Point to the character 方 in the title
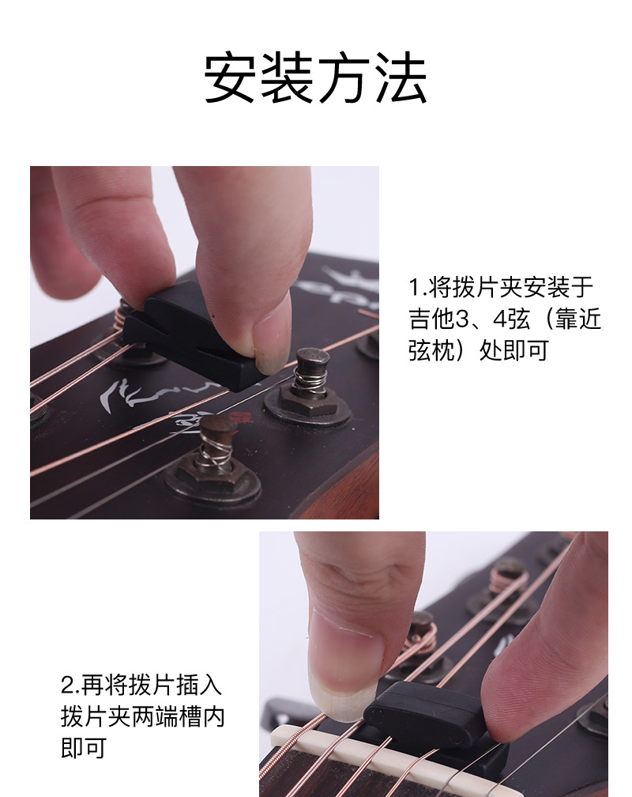(x=344, y=78)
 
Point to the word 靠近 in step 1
(x=577, y=318)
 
